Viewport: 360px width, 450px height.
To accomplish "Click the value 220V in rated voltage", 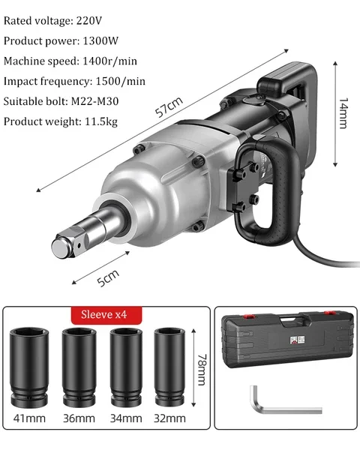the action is (89, 21).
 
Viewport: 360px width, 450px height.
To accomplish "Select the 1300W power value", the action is (100, 41).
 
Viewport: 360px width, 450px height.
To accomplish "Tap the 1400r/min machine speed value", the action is (109, 61).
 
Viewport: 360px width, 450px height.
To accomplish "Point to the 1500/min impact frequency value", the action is (120, 81).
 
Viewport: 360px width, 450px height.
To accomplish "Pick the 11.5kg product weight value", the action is (101, 121).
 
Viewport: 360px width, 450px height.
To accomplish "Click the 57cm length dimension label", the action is (169, 106).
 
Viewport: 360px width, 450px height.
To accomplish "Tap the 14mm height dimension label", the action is (343, 113).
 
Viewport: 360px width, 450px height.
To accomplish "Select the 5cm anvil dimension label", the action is (108, 277).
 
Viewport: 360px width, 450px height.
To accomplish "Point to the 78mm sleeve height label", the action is (202, 370).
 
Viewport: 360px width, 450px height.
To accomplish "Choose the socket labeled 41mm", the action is (29, 367).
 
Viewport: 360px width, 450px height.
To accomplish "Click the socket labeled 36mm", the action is (79, 367).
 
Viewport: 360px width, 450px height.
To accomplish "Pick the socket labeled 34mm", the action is (126, 367).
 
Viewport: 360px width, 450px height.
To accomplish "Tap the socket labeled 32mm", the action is (169, 367).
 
